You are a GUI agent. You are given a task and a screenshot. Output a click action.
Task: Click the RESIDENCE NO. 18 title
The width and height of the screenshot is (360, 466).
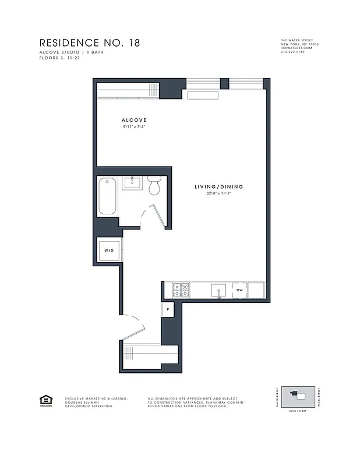pos(89,43)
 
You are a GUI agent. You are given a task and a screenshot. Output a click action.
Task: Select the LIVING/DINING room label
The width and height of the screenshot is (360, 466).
pos(218,187)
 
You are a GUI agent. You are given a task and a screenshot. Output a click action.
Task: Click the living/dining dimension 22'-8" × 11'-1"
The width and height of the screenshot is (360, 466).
pos(218,195)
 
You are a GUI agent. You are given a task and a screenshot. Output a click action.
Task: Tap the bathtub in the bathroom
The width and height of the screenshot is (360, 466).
pos(108,196)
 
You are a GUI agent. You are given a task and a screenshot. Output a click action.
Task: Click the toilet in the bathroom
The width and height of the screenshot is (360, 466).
pos(154,186)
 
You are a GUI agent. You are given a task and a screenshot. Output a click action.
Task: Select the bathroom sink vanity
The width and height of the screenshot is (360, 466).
pos(132,183)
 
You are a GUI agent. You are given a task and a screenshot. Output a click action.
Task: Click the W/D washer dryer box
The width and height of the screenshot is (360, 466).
pos(109,250)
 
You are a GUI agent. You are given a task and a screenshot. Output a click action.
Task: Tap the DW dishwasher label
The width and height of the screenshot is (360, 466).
pos(239,290)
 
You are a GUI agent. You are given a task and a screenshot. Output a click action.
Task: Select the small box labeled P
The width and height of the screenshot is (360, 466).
pos(168,310)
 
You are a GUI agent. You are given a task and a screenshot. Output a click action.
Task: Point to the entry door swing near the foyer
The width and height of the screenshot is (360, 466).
pos(135,330)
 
